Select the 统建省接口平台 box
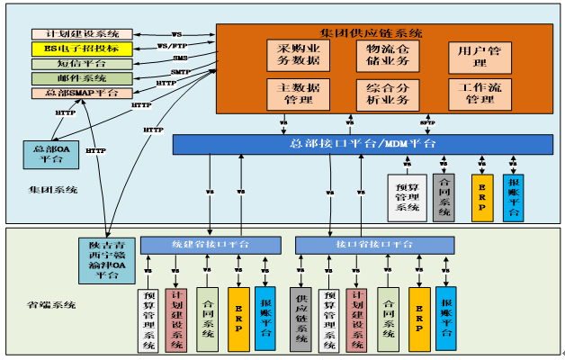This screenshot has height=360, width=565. point(208,245)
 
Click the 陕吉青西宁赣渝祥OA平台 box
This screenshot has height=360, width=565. point(112,259)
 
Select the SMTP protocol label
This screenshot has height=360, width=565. point(180,72)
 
